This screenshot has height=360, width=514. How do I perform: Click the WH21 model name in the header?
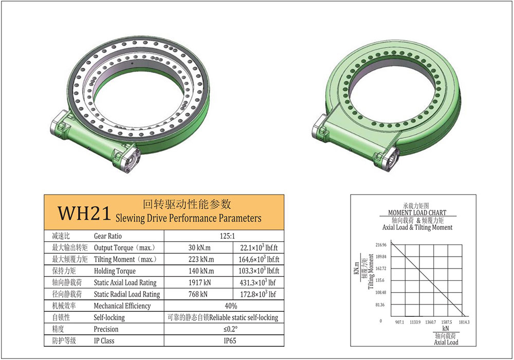click(x=84, y=213)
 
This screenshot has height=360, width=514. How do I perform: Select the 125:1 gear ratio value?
click(x=228, y=236)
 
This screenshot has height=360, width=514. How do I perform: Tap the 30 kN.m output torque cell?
click(x=199, y=247)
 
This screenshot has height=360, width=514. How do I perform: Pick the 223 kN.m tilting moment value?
click(x=201, y=259)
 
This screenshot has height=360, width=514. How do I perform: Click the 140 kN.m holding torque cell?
click(x=201, y=271)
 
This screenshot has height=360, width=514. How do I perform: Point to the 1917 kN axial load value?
click(x=199, y=282)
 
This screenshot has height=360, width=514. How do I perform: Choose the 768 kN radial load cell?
click(x=198, y=294)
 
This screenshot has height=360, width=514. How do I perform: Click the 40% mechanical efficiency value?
click(x=231, y=306)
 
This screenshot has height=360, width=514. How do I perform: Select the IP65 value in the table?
click(x=230, y=340)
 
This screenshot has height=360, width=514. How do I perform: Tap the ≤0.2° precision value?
click(x=230, y=329)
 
